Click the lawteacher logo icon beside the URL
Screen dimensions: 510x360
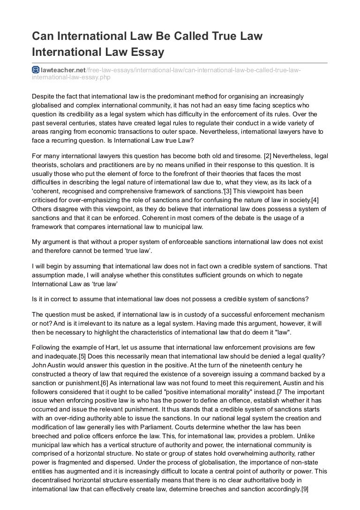[x=35, y=70]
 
